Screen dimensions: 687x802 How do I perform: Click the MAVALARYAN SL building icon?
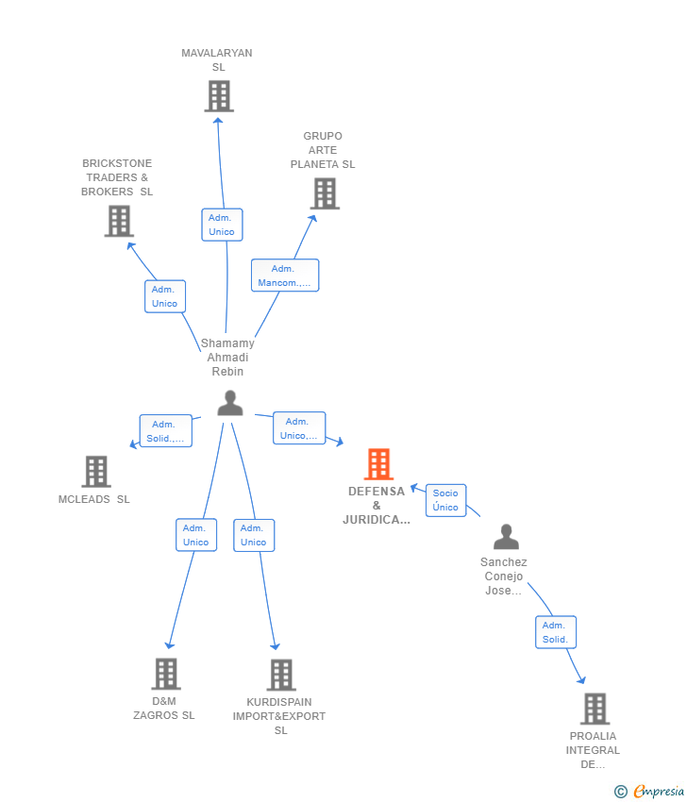219,96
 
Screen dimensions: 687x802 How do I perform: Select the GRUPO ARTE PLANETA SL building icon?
325,193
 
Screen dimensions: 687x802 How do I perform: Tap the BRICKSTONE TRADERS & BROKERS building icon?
119,221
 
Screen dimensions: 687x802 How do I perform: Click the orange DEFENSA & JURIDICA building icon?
378,464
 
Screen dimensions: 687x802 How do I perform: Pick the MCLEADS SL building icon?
96,471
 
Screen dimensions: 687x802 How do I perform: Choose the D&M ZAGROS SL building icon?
166,674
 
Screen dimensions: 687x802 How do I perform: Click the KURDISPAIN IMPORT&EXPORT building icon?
281,675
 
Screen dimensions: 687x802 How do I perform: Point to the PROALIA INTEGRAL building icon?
595,709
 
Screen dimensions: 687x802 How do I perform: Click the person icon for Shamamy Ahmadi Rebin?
230,403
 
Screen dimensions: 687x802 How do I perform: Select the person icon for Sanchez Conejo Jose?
507,537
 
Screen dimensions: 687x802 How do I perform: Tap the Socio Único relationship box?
446,500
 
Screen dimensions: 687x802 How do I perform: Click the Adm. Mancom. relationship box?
285,276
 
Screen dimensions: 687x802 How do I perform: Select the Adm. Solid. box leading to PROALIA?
556,632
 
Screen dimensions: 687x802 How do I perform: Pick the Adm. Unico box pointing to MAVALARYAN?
222,225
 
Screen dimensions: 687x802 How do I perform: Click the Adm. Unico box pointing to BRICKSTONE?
165,296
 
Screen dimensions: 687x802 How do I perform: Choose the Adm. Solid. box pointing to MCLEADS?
166,430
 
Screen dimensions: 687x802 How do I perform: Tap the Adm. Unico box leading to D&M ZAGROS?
196,535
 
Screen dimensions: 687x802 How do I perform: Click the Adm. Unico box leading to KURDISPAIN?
254,535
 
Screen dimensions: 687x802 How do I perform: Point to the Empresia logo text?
659,792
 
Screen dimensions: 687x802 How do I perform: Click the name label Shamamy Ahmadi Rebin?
227,357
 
